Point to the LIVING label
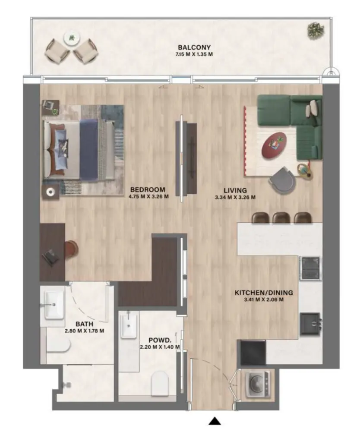click(235, 190)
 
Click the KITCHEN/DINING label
click(263, 293)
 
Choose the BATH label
click(84, 323)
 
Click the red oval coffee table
click(275, 145)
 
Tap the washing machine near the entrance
click(256, 383)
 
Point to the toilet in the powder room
click(159, 383)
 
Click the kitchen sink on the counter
click(310, 323)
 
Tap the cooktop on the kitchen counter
click(310, 268)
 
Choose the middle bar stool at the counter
click(281, 218)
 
